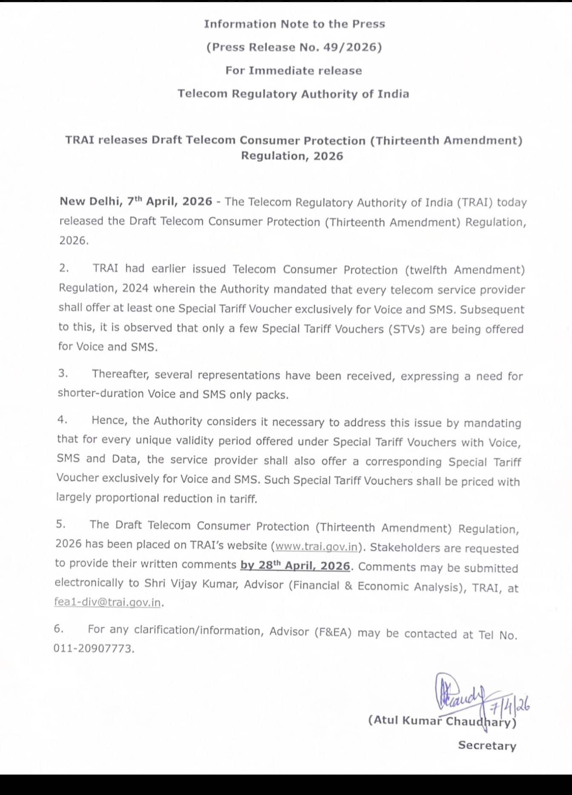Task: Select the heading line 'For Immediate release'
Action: (294, 71)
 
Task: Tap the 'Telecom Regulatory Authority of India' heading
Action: (293, 94)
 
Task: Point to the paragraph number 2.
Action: (64, 268)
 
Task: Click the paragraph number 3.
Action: (63, 373)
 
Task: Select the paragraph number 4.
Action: (62, 420)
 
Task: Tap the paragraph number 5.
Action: (61, 524)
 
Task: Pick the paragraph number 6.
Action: (59, 629)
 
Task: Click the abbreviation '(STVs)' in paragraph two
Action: (406, 329)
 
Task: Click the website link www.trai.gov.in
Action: (317, 546)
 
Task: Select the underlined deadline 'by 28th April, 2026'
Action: (295, 566)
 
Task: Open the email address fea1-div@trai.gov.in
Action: (108, 603)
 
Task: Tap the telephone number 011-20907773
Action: (93, 649)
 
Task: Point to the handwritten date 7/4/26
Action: (509, 707)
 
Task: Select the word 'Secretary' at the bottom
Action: (487, 746)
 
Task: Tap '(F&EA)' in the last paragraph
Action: (333, 632)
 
